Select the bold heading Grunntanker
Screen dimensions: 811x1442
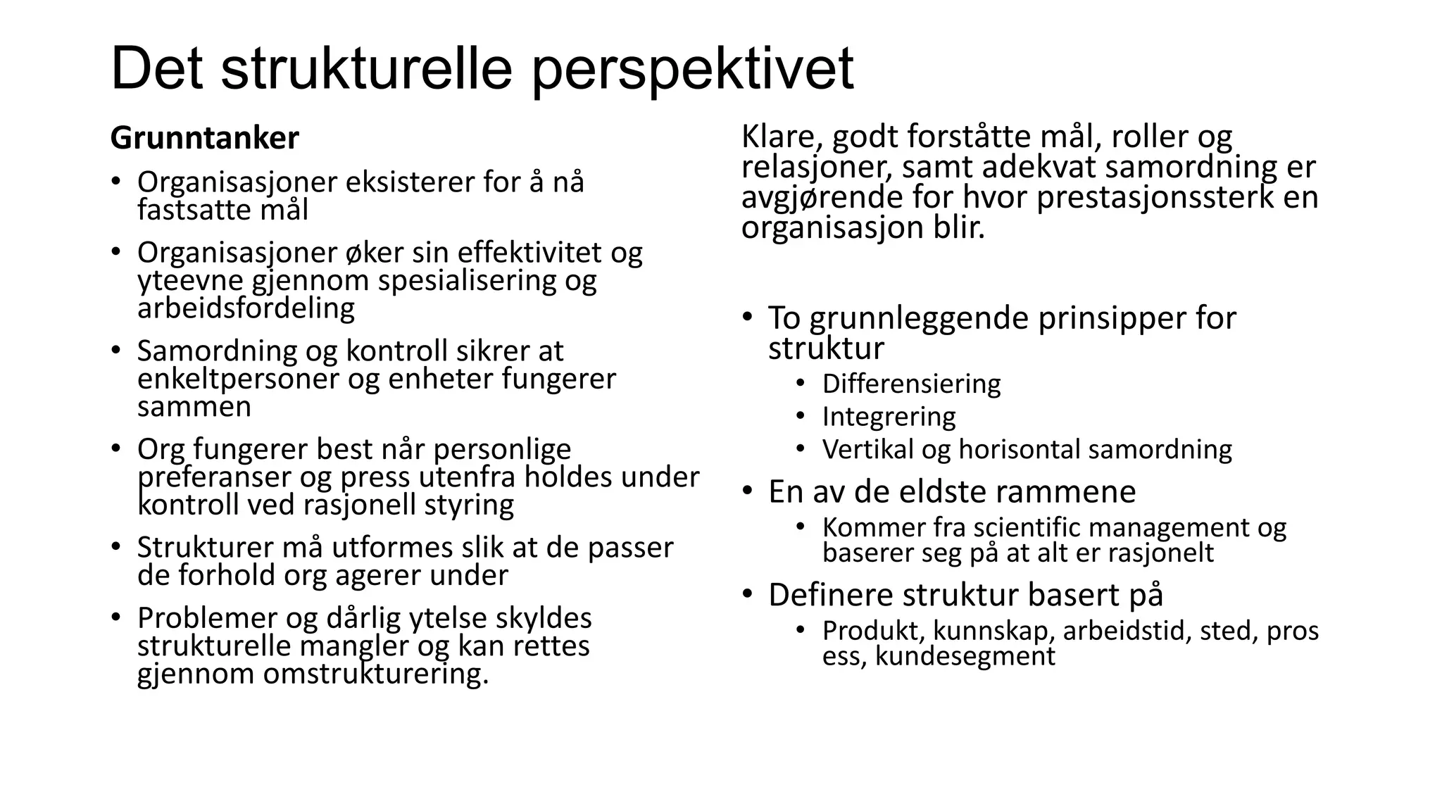205,138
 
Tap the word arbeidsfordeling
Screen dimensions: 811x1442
246,308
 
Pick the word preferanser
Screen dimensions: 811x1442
215,477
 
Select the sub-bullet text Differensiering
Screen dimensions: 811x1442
911,384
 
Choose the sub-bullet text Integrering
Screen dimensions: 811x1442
889,416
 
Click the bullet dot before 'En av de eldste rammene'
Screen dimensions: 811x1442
747,491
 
